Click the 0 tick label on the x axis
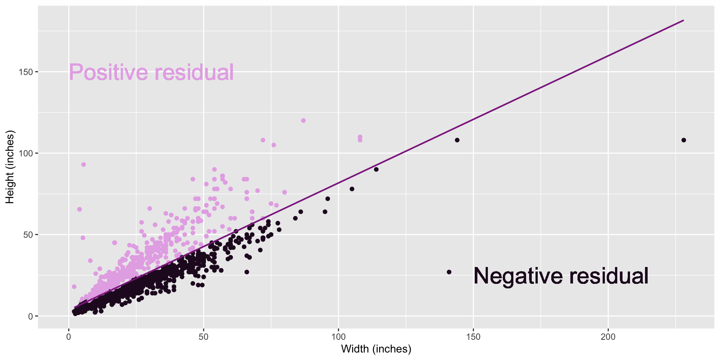[69, 337]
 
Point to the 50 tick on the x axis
[203, 337]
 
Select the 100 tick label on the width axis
[338, 337]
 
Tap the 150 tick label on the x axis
[473, 337]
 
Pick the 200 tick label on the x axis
[608, 337]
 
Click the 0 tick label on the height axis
[31, 316]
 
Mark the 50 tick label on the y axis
[28, 235]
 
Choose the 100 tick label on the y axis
[26, 153]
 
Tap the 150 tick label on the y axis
[26, 72]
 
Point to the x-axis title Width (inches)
[376, 349]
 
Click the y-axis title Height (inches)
[10, 167]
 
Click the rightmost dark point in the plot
[684, 140]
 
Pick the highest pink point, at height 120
[303, 121]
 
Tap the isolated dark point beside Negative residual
[449, 272]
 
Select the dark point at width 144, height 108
[457, 140]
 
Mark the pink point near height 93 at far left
[84, 165]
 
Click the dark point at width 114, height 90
[376, 169]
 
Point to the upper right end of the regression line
[684, 20]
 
